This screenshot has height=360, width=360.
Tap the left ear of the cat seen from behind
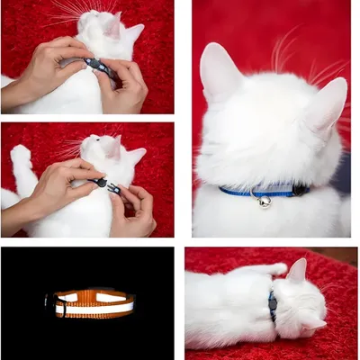tap(219, 71)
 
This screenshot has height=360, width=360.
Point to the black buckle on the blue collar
tap(298, 190)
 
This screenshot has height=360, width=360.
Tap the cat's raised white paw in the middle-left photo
tap(20, 162)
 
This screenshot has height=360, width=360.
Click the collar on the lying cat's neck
tap(272, 306)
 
